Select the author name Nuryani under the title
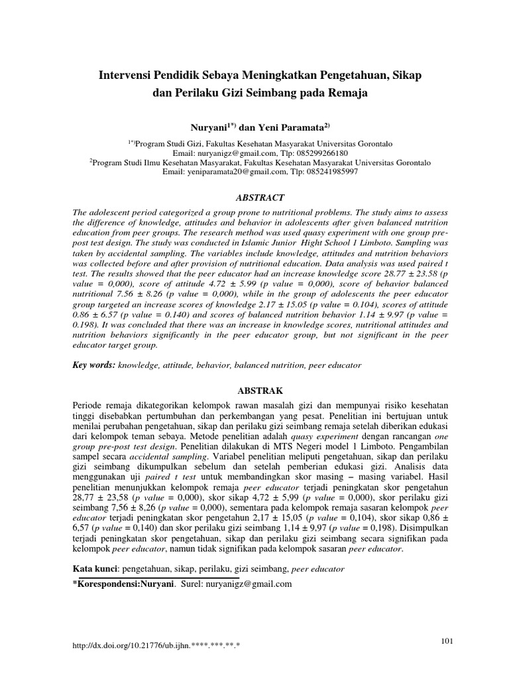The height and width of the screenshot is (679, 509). pyautogui.click(x=208, y=127)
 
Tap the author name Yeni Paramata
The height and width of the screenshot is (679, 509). pyautogui.click(x=290, y=127)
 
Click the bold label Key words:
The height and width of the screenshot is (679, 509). pyautogui.click(x=93, y=365)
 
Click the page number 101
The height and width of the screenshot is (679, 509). pyautogui.click(x=446, y=639)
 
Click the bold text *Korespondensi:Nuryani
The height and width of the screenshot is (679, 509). pyautogui.click(x=123, y=584)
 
